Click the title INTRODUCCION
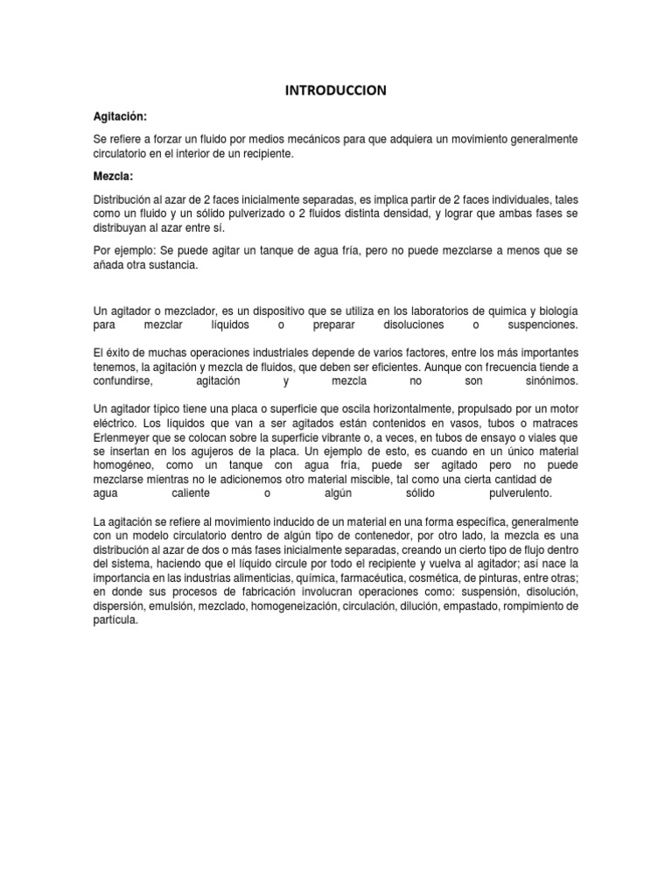click(336, 90)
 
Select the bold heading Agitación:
click(120, 116)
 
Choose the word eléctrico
click(115, 423)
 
